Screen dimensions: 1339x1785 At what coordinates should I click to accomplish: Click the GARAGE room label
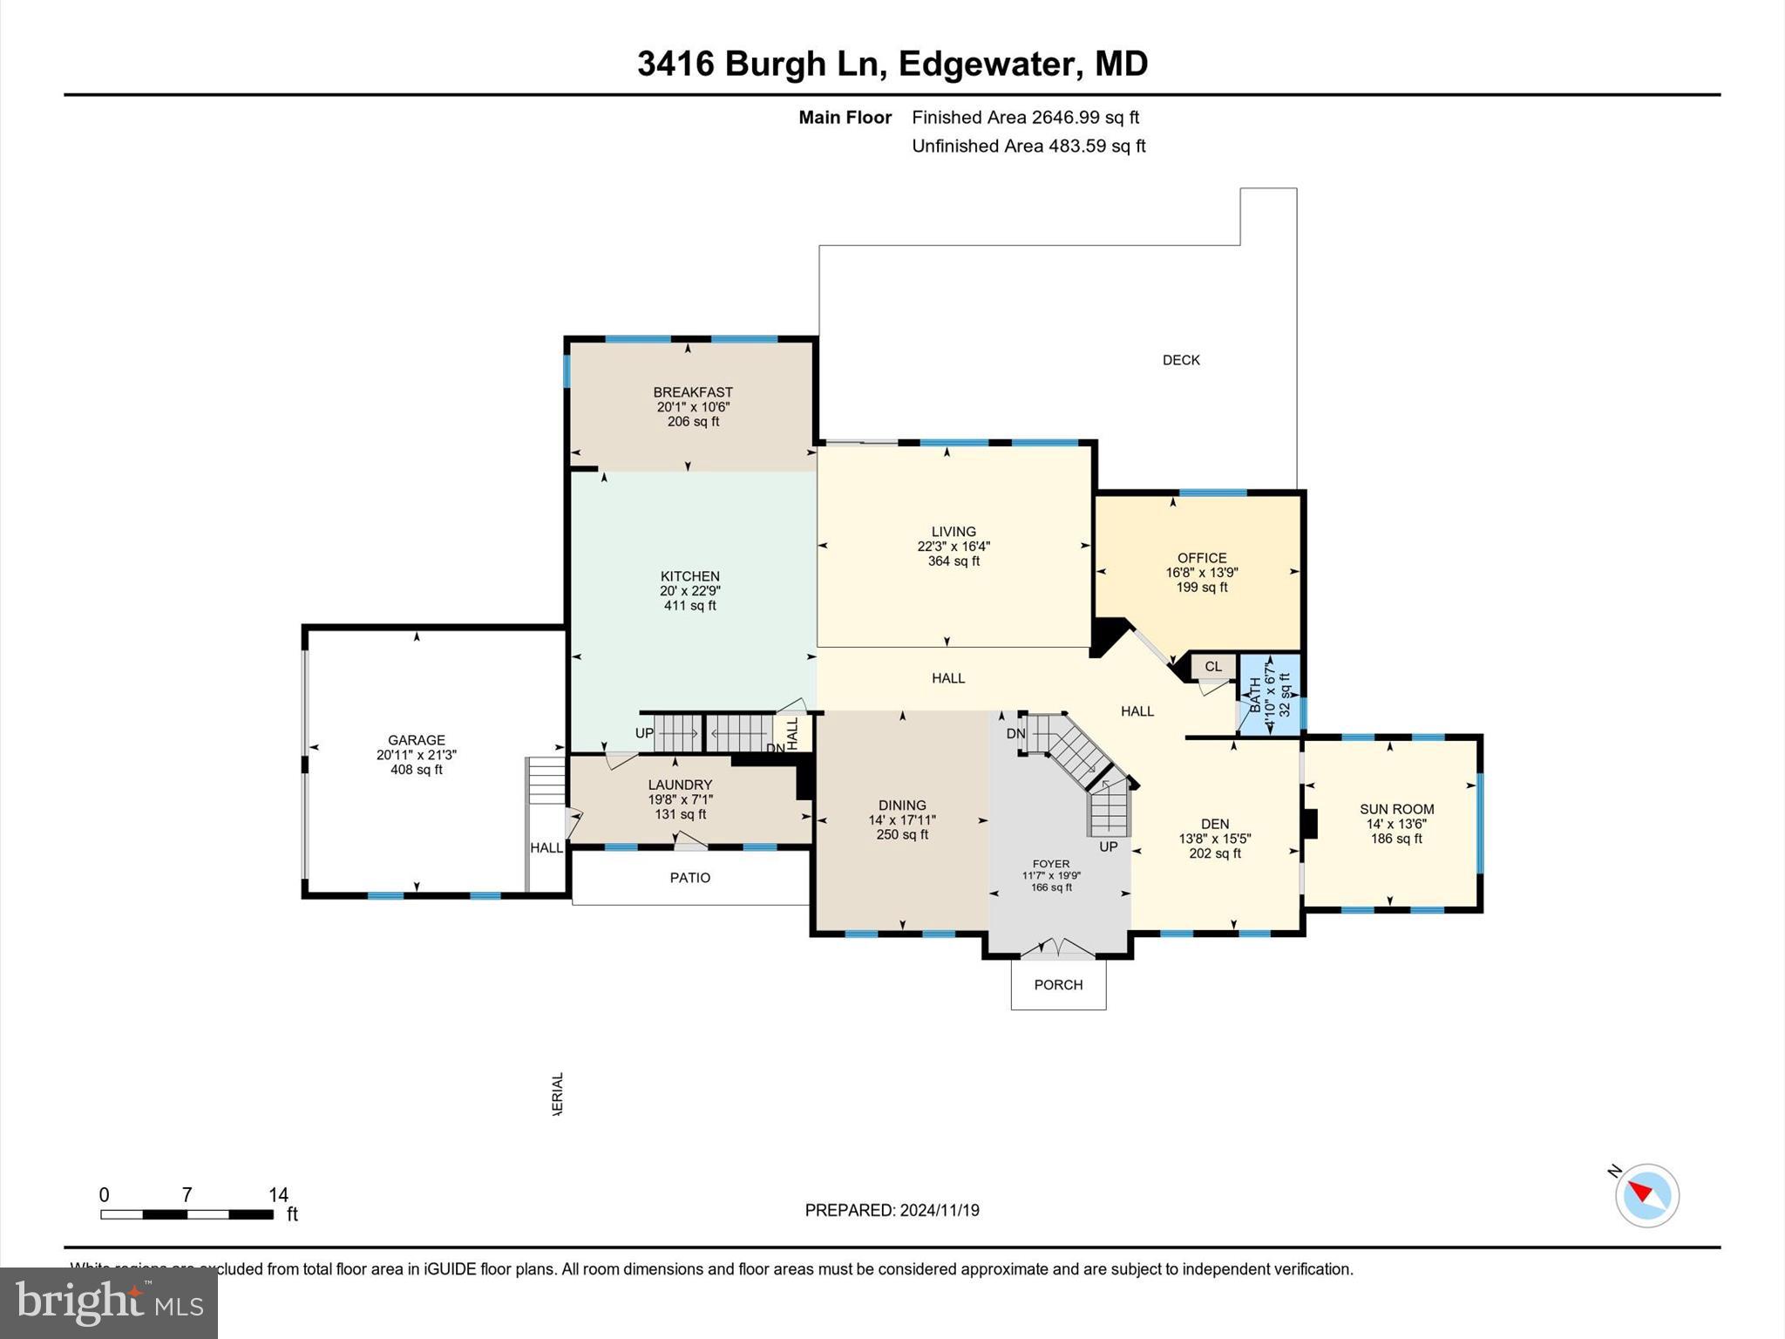click(x=417, y=740)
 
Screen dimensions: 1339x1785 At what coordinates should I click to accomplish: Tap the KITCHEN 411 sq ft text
click(x=689, y=606)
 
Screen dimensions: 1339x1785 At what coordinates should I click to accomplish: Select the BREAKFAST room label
click(x=693, y=392)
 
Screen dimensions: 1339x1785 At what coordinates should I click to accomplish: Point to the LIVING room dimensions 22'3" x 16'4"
click(x=954, y=547)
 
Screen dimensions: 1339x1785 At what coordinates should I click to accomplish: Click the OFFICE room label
click(x=1201, y=558)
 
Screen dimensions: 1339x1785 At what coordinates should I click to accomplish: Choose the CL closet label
click(x=1212, y=667)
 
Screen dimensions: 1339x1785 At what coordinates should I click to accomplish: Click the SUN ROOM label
click(x=1396, y=809)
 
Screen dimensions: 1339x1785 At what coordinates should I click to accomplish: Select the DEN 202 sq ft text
click(x=1215, y=853)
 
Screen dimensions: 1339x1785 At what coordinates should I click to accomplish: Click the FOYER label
click(x=1050, y=864)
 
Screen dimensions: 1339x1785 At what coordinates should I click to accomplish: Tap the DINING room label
click(x=902, y=805)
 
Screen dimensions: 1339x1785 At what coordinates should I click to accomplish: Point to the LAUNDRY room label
click(x=680, y=785)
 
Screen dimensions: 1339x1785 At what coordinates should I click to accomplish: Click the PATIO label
click(x=689, y=878)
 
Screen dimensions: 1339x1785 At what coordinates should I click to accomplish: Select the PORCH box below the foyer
click(x=1058, y=985)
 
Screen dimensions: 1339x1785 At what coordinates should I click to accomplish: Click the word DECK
click(x=1181, y=360)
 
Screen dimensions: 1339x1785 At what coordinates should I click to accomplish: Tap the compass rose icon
click(x=1646, y=1196)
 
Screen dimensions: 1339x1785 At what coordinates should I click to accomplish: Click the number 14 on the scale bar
click(x=278, y=1195)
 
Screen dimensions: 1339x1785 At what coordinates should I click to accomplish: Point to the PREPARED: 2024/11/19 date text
click(x=892, y=1210)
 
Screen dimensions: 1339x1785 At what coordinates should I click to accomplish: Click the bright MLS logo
click(x=109, y=1302)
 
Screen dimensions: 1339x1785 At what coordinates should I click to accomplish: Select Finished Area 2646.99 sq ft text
click(x=1025, y=118)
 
